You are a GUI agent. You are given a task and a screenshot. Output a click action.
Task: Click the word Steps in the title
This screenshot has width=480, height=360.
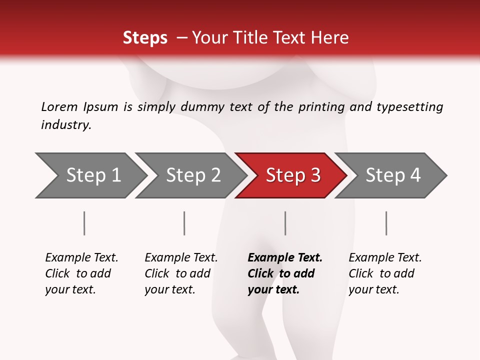(x=145, y=37)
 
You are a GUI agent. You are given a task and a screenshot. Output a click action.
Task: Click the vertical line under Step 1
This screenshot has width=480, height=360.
(x=84, y=223)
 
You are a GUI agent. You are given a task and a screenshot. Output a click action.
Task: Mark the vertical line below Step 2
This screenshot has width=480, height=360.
(x=184, y=223)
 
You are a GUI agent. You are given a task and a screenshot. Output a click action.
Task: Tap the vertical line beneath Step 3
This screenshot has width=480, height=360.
(x=285, y=223)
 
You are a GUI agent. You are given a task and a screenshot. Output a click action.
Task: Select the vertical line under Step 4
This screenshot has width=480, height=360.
(x=386, y=223)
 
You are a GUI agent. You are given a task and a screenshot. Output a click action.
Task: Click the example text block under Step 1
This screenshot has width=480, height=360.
(x=81, y=273)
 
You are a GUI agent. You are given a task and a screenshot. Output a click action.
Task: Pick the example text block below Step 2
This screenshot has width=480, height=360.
(x=181, y=273)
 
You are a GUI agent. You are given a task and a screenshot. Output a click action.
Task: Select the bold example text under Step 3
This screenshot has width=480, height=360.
(x=284, y=273)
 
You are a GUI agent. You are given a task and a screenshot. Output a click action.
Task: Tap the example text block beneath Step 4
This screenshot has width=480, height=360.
(x=385, y=273)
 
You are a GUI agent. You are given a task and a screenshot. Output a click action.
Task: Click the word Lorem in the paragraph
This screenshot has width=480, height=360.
(x=59, y=107)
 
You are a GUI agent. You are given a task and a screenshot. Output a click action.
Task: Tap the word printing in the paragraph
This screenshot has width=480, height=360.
(x=321, y=107)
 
